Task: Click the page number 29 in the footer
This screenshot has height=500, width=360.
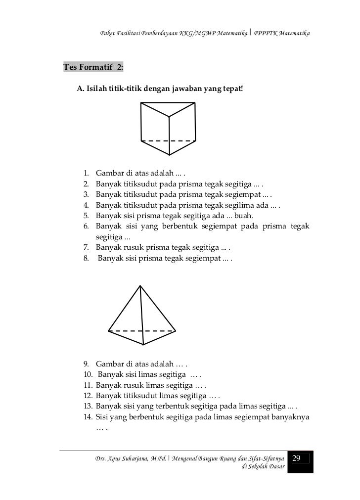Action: tap(297, 458)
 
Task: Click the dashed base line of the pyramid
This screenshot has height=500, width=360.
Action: tap(142, 330)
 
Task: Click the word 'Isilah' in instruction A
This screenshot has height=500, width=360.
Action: tap(98, 90)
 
